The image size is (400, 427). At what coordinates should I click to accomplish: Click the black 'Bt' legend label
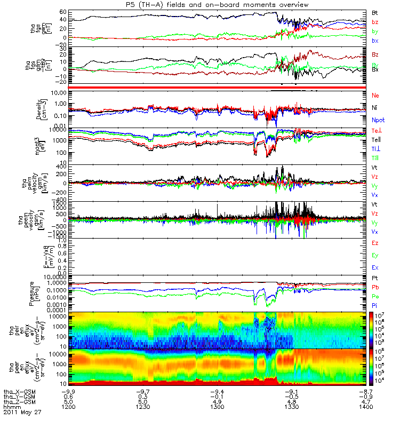tap(375, 12)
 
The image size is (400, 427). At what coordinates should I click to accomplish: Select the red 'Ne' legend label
tap(375, 95)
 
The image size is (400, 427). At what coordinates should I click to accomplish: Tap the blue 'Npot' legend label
tap(378, 121)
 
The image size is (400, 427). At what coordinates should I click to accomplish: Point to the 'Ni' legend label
tap(375, 108)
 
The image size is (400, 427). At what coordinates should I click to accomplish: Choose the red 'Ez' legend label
tap(375, 243)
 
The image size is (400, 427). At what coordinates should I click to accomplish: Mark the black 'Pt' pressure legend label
tap(375, 279)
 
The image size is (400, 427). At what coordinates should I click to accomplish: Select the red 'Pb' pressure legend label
tap(375, 288)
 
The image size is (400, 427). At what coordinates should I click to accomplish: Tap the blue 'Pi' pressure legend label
tap(375, 305)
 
